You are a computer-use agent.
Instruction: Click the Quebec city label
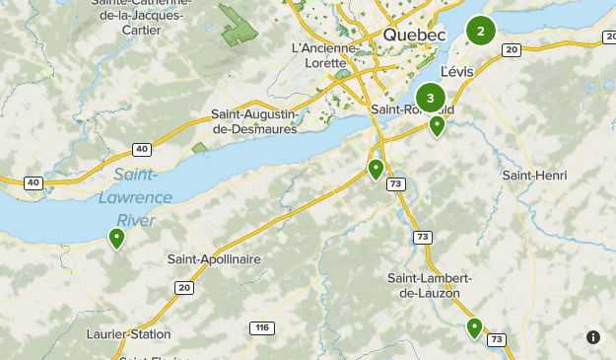tap(414, 35)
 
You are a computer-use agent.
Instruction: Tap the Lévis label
tap(457, 71)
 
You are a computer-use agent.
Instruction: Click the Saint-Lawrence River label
tap(142, 197)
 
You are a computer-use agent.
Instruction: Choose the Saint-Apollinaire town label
tap(214, 258)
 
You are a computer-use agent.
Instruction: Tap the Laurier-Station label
tap(128, 334)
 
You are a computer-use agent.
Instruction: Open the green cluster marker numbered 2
tap(480, 32)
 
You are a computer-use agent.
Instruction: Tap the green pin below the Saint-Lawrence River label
tap(117, 238)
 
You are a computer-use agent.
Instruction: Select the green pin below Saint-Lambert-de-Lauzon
tap(474, 327)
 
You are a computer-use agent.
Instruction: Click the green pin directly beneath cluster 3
tap(437, 125)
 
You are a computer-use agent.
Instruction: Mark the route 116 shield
tap(261, 327)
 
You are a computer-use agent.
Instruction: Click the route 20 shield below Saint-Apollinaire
tap(184, 287)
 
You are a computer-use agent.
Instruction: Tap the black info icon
tap(593, 337)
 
